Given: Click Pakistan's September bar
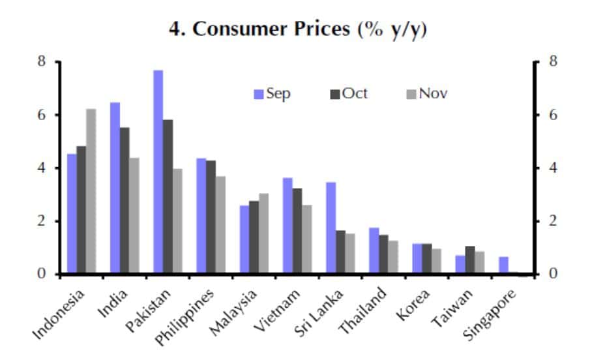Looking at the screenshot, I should [x=158, y=172].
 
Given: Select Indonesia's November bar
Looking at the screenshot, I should [x=91, y=191].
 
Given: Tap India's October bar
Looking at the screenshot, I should [x=125, y=200].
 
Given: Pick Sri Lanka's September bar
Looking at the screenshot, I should [x=331, y=228].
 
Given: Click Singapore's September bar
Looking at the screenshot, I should [x=503, y=265].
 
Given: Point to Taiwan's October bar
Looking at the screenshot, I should [x=469, y=260].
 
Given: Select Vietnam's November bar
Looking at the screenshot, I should [x=306, y=239].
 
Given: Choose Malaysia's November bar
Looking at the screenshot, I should [x=263, y=233].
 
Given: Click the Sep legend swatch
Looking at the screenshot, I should [x=259, y=95].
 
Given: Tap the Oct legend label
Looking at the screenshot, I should [x=355, y=94].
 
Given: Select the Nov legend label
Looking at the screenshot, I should [x=433, y=94].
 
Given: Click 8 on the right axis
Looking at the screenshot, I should [x=553, y=62].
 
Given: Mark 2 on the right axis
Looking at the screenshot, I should [x=553, y=221].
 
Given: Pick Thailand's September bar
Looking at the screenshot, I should [x=374, y=250].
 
